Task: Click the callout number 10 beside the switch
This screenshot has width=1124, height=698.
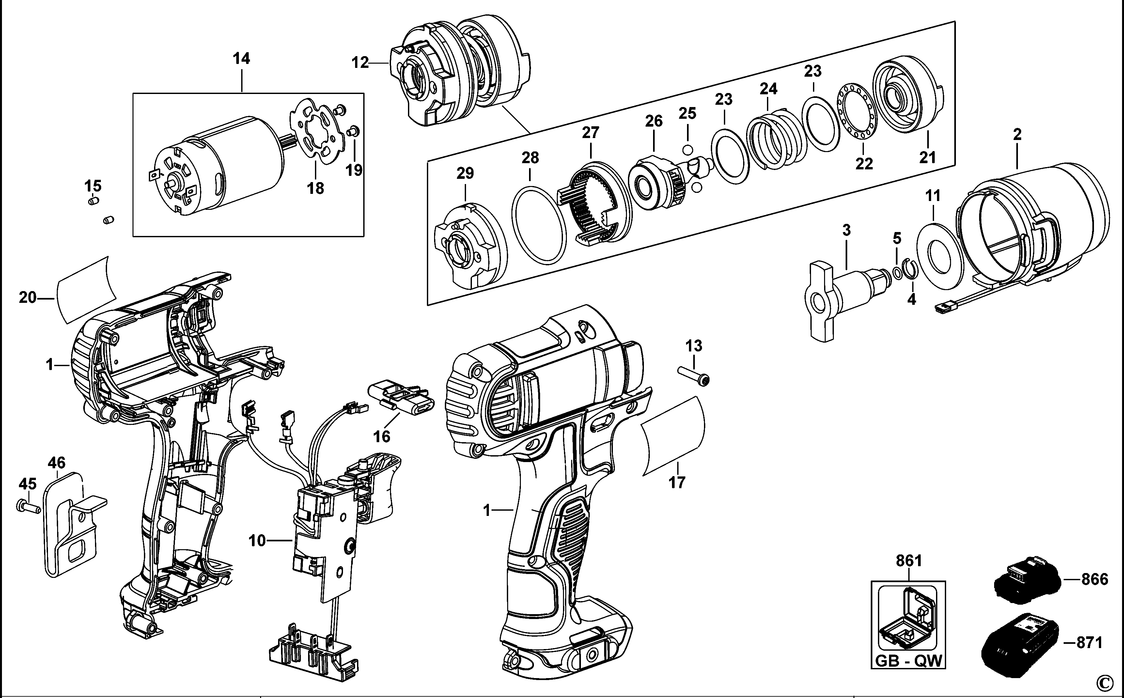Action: coord(257,540)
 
